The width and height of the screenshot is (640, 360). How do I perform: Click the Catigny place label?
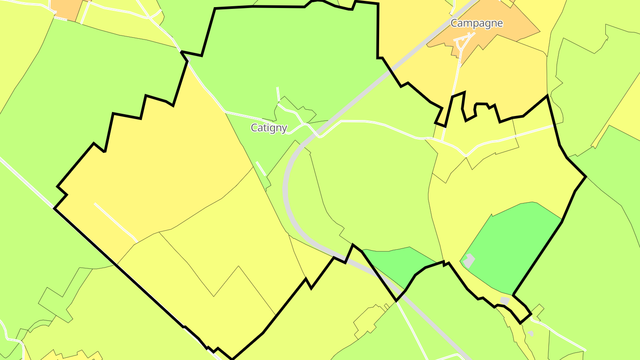tap(269, 128)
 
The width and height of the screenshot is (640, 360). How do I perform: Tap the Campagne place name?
tap(476, 23)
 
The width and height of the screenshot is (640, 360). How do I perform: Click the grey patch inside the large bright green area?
tap(469, 260)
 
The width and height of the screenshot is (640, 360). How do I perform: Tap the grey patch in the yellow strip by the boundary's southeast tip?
tap(504, 300)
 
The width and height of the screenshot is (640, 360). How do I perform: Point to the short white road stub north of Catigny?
tap(278, 94)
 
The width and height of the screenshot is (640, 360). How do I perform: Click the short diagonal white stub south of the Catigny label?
tap(261, 168)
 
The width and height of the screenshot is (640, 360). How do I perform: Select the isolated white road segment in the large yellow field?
tap(116, 223)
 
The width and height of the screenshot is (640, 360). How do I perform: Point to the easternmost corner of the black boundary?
tap(586, 177)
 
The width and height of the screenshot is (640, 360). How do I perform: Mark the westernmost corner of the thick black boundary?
tap(54, 208)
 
